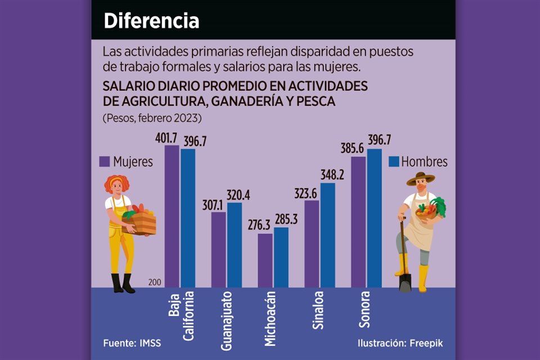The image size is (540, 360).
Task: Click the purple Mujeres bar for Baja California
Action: click(172, 217)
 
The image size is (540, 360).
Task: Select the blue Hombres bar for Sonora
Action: click(374, 218)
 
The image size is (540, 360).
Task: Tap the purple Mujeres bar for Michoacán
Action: click(265, 260)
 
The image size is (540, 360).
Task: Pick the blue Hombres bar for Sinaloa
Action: click(327, 235)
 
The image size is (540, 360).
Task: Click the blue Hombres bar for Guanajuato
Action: click(234, 245)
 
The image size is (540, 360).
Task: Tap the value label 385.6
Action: click(352, 148)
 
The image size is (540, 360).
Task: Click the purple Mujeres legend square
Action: click(104, 161)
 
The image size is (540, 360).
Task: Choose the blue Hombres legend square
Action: click(394, 161)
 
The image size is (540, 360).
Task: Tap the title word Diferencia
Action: click(151, 21)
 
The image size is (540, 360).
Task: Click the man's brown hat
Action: click(421, 178)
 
